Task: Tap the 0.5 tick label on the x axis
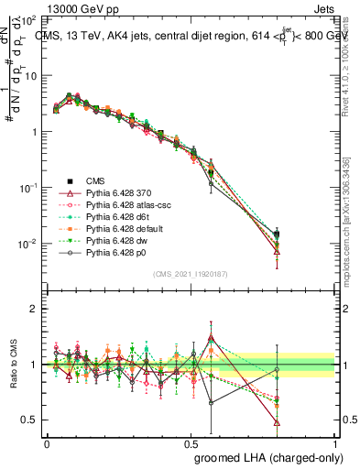click(x=191, y=442)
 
